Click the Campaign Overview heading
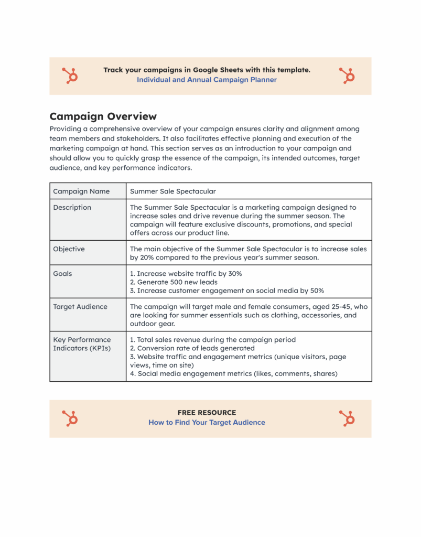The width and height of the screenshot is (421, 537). click(x=103, y=116)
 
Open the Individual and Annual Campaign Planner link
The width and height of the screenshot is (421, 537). click(x=207, y=80)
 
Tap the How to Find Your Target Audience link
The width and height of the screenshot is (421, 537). click(x=207, y=422)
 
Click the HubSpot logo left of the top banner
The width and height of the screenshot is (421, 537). click(x=70, y=76)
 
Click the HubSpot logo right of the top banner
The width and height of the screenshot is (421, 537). click(x=347, y=76)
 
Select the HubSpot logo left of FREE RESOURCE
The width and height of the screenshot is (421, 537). click(x=70, y=418)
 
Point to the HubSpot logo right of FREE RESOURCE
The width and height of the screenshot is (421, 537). click(x=347, y=418)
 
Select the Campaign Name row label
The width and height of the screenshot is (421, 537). click(x=81, y=191)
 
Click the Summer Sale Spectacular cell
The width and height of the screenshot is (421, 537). click(x=173, y=191)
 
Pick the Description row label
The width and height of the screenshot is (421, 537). click(x=72, y=208)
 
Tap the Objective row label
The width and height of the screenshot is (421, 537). click(x=69, y=249)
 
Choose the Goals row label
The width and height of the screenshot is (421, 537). click(x=62, y=274)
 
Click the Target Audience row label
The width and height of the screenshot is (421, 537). click(x=80, y=307)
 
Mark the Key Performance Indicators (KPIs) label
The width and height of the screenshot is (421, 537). click(x=82, y=344)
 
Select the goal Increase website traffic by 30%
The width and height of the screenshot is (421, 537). click(x=186, y=274)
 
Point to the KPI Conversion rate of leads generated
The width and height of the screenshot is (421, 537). click(x=192, y=348)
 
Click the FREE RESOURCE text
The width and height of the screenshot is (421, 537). click(x=207, y=413)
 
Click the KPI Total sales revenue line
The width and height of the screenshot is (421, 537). click(x=212, y=340)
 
